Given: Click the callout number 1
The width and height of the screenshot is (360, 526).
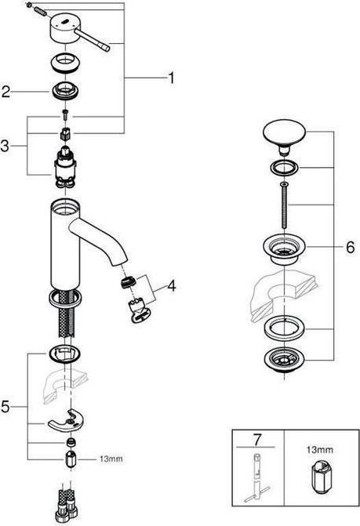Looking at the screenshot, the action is click(172, 78).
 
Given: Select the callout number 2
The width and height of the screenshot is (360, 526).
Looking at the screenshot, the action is click(5, 92).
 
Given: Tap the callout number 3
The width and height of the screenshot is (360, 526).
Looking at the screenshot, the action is click(5, 146).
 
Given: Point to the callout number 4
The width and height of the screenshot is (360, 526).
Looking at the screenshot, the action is click(172, 286).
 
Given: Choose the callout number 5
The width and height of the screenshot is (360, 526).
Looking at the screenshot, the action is click(5, 407).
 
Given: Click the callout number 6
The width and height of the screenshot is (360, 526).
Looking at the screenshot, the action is click(350, 247).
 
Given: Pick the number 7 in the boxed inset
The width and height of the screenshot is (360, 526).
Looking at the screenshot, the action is click(257, 440).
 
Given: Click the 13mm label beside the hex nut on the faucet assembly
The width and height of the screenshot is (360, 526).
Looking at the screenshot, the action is click(111, 459).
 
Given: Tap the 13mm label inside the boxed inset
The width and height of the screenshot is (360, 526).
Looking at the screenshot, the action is click(320, 449).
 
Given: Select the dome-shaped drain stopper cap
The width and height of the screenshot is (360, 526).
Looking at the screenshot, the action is click(284, 136).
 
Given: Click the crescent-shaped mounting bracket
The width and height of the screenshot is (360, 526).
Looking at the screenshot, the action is click(66, 420).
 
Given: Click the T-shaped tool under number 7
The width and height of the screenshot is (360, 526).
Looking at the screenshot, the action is click(257, 477).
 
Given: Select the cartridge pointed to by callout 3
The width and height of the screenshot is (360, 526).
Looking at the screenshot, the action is click(66, 167).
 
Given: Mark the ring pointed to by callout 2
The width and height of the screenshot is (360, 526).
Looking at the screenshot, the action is click(66, 91).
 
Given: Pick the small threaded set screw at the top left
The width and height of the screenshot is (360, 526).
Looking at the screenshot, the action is click(40, 11).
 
